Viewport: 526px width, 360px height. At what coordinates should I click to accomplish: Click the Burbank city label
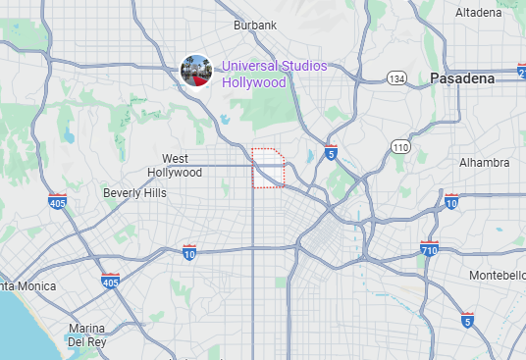click(x=255, y=25)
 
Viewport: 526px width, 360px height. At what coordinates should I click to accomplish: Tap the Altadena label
click(x=483, y=13)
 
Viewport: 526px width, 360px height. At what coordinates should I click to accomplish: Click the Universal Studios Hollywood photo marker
click(x=196, y=71)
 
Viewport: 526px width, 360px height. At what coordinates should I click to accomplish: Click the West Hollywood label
click(x=175, y=165)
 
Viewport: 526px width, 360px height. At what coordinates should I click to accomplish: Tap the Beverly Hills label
click(x=134, y=193)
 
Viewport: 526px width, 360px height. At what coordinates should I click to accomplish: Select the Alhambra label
click(x=484, y=162)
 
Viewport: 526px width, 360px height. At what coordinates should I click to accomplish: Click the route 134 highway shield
click(x=396, y=77)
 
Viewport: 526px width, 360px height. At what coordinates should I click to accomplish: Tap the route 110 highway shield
click(x=399, y=147)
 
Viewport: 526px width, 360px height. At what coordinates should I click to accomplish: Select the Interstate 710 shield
click(x=428, y=249)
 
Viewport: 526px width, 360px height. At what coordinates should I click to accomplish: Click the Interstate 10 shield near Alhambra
click(x=451, y=202)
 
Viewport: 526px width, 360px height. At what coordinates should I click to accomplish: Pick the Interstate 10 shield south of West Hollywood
click(x=189, y=253)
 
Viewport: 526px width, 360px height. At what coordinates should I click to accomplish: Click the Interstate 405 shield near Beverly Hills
click(x=57, y=202)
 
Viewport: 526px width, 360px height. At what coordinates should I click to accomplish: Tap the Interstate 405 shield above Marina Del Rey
click(x=110, y=283)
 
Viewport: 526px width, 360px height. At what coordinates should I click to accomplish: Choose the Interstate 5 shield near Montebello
click(x=468, y=321)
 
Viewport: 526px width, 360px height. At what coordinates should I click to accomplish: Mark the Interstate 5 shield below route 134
click(x=331, y=153)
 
